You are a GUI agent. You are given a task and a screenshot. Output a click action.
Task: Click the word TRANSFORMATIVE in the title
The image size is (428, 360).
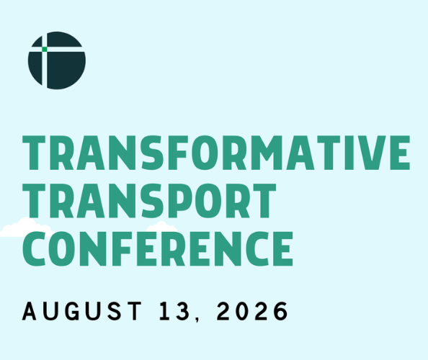tap(216, 153)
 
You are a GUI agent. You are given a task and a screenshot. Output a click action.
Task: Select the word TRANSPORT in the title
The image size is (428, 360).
tap(149, 201)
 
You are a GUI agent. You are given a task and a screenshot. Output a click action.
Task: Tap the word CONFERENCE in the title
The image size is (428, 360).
tap(158, 248)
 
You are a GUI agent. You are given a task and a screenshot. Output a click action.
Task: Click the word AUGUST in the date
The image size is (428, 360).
tap(82, 311)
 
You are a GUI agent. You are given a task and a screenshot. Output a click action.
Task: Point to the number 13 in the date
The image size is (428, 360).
tap(174, 311)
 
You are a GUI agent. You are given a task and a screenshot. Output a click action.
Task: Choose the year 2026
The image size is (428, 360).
tap(252, 311)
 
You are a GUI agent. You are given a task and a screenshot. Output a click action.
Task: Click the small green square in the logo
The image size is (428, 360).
tap(45, 50)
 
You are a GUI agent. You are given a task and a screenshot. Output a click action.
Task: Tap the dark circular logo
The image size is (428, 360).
tap(57, 60)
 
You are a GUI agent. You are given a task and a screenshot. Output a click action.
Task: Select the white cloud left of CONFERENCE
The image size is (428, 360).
tap(26, 228)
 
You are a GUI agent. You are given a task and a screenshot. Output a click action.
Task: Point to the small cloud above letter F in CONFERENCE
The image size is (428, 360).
tap(161, 226)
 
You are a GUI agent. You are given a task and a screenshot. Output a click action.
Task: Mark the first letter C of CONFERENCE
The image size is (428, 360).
tap(34, 248)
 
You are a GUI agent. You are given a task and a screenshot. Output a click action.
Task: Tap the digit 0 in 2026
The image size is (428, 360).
tap(244, 311)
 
